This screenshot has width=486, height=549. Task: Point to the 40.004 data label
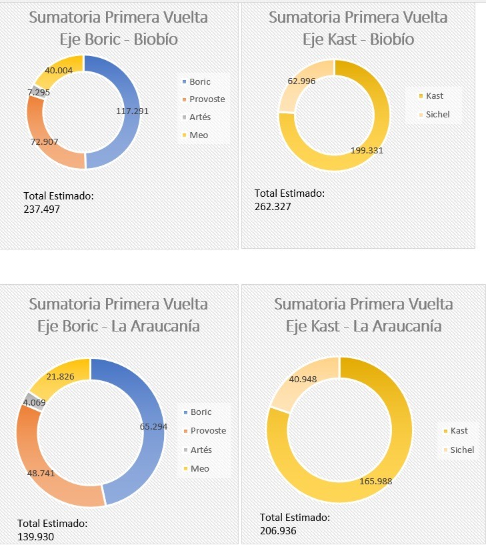59,70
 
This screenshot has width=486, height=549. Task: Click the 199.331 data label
367,150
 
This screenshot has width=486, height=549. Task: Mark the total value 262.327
273,206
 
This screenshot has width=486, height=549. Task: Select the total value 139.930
36,536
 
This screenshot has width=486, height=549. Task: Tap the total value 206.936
278,530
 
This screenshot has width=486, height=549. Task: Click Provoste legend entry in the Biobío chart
207,99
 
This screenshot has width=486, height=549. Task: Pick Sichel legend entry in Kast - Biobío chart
438,114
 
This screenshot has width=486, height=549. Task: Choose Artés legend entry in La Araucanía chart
201,450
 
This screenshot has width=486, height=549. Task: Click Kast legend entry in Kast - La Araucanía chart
459,431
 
